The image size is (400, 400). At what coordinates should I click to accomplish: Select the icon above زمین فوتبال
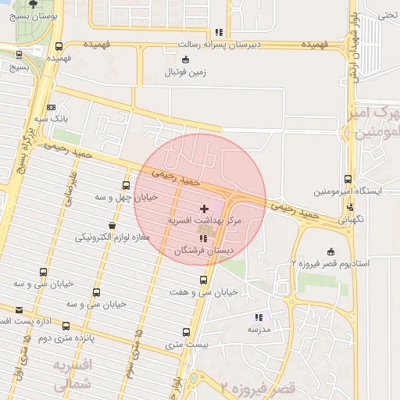coord(184,59)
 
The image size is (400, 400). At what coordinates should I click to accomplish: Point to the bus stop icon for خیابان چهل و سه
coord(126,185)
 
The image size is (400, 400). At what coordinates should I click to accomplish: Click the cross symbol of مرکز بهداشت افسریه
coord(205,209)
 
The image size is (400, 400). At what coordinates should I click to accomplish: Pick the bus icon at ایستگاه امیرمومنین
coord(348,178)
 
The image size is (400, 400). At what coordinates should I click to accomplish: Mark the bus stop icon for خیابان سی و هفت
coord(203,280)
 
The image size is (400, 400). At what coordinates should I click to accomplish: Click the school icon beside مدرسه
coord(257,317)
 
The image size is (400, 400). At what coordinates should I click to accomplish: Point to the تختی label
coord(387,14)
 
